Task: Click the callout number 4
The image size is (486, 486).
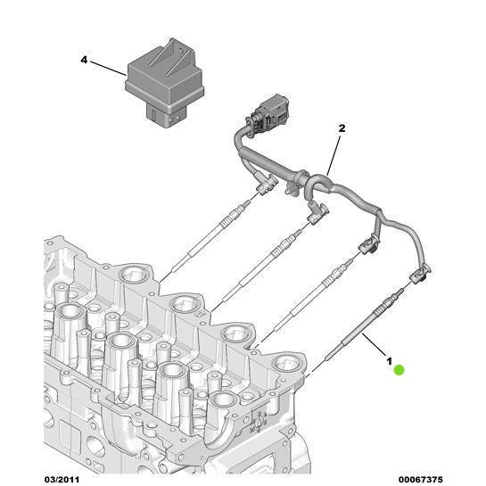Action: (84, 61)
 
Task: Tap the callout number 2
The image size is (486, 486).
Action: (340, 129)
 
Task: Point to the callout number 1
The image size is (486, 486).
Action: (388, 359)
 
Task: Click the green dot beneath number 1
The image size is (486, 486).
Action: (399, 370)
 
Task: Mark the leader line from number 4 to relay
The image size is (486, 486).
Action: (108, 68)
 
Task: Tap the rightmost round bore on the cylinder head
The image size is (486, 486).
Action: (288, 364)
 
